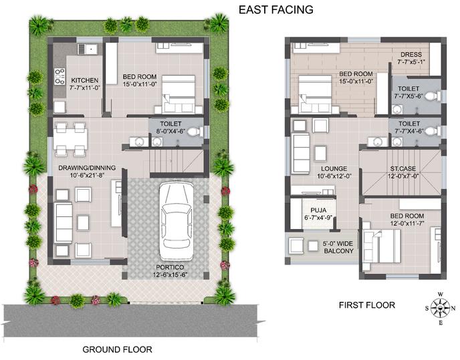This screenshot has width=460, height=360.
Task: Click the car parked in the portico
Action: point(177,220)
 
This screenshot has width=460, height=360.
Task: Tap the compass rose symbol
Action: point(441,308)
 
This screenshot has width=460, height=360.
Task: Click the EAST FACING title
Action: point(275,9)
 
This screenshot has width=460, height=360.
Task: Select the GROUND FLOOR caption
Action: point(117,349)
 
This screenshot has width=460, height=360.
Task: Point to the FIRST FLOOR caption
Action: point(366,305)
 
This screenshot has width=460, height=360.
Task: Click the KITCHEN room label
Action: point(84,80)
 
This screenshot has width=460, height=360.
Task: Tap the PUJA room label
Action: point(318,210)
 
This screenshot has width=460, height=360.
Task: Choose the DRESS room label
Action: point(411,55)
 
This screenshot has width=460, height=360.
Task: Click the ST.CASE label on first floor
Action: point(402,168)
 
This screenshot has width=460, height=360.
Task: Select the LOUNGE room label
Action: point(334,168)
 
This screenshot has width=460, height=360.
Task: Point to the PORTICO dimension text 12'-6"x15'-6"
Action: point(170,275)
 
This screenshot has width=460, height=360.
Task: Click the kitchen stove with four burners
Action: point(60,76)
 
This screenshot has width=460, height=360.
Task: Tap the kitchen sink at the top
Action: point(88,49)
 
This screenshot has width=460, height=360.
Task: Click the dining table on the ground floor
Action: point(70,139)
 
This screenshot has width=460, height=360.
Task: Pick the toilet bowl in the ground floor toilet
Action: point(195,132)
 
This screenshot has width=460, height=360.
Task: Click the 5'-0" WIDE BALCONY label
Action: point(338,247)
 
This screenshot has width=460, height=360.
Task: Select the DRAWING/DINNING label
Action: point(87,168)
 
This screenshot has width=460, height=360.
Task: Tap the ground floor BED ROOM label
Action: point(139,77)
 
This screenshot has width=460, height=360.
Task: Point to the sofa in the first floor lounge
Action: point(300,154)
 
